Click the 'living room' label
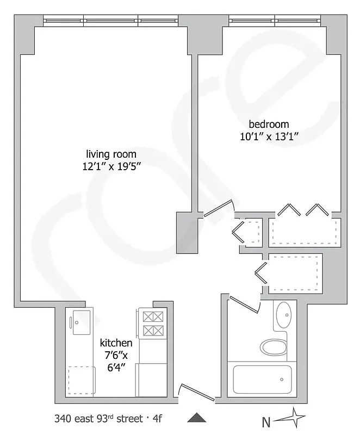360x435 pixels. tap(111, 154)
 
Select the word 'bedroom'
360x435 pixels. tap(269, 123)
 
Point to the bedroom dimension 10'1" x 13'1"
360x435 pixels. tap(269, 136)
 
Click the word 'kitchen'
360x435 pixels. tap(116, 343)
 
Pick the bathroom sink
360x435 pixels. tap(283, 313)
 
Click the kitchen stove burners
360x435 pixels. tap(151, 323)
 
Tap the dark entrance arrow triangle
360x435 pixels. tap(197, 418)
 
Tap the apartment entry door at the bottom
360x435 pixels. tap(196, 393)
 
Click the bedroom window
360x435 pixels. tap(275, 21)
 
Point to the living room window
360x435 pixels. tap(111, 21)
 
